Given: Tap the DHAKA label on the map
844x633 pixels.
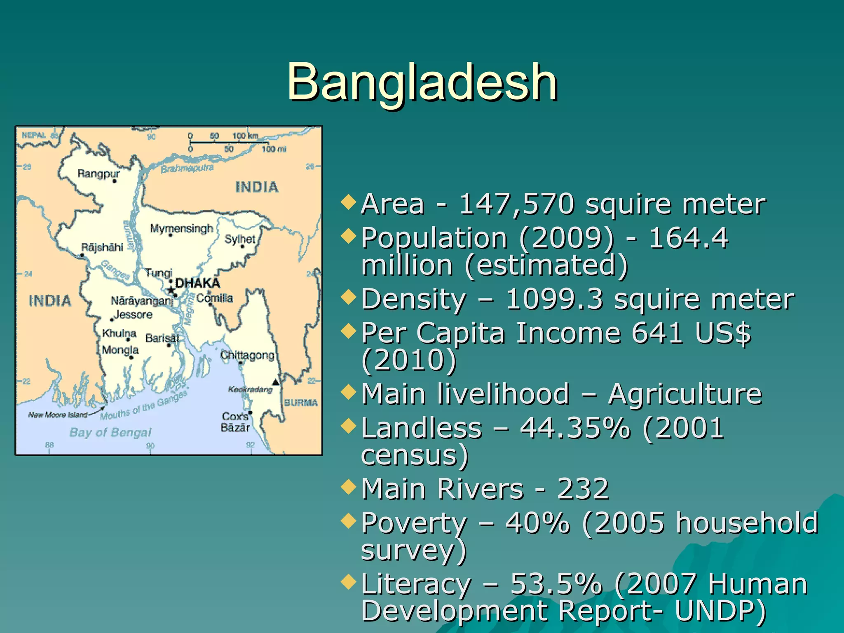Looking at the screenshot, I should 198,283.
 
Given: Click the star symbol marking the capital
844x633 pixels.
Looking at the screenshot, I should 171,290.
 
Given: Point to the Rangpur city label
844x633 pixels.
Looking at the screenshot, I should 98,173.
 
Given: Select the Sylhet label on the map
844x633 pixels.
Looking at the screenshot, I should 240,239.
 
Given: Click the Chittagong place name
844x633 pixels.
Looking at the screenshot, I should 247,355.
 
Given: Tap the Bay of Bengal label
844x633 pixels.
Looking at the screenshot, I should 110,432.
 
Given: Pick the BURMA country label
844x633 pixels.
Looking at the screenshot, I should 301,403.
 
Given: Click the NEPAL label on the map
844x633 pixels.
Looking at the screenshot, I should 34,135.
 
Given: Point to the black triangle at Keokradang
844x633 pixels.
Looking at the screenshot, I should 276,382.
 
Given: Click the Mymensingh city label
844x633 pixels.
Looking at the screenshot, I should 181,228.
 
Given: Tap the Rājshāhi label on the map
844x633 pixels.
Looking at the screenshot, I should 102,247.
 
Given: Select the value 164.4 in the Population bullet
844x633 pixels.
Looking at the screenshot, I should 689,238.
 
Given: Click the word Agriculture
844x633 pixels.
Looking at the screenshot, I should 685,394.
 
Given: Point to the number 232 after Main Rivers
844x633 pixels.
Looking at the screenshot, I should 583,489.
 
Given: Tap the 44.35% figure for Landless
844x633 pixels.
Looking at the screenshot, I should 575,428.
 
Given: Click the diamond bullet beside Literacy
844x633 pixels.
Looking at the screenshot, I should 349,581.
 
